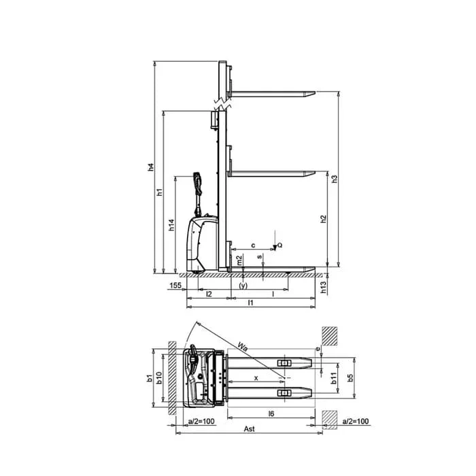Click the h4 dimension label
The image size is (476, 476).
pyautogui.click(x=151, y=167)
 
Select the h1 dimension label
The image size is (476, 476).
pyautogui.click(x=160, y=192)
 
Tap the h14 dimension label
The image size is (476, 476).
pyautogui.click(x=172, y=225)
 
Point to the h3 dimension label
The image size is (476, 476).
pyautogui.click(x=335, y=178)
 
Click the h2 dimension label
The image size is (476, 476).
pyautogui.click(x=324, y=219)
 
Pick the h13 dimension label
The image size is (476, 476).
pyautogui.click(x=324, y=287)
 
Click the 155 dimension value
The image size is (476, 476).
pyautogui.click(x=175, y=286)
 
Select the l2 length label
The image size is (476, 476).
pyautogui.click(x=209, y=294)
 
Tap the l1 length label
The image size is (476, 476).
pyautogui.click(x=250, y=303)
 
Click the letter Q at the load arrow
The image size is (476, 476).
pyautogui.click(x=280, y=245)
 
